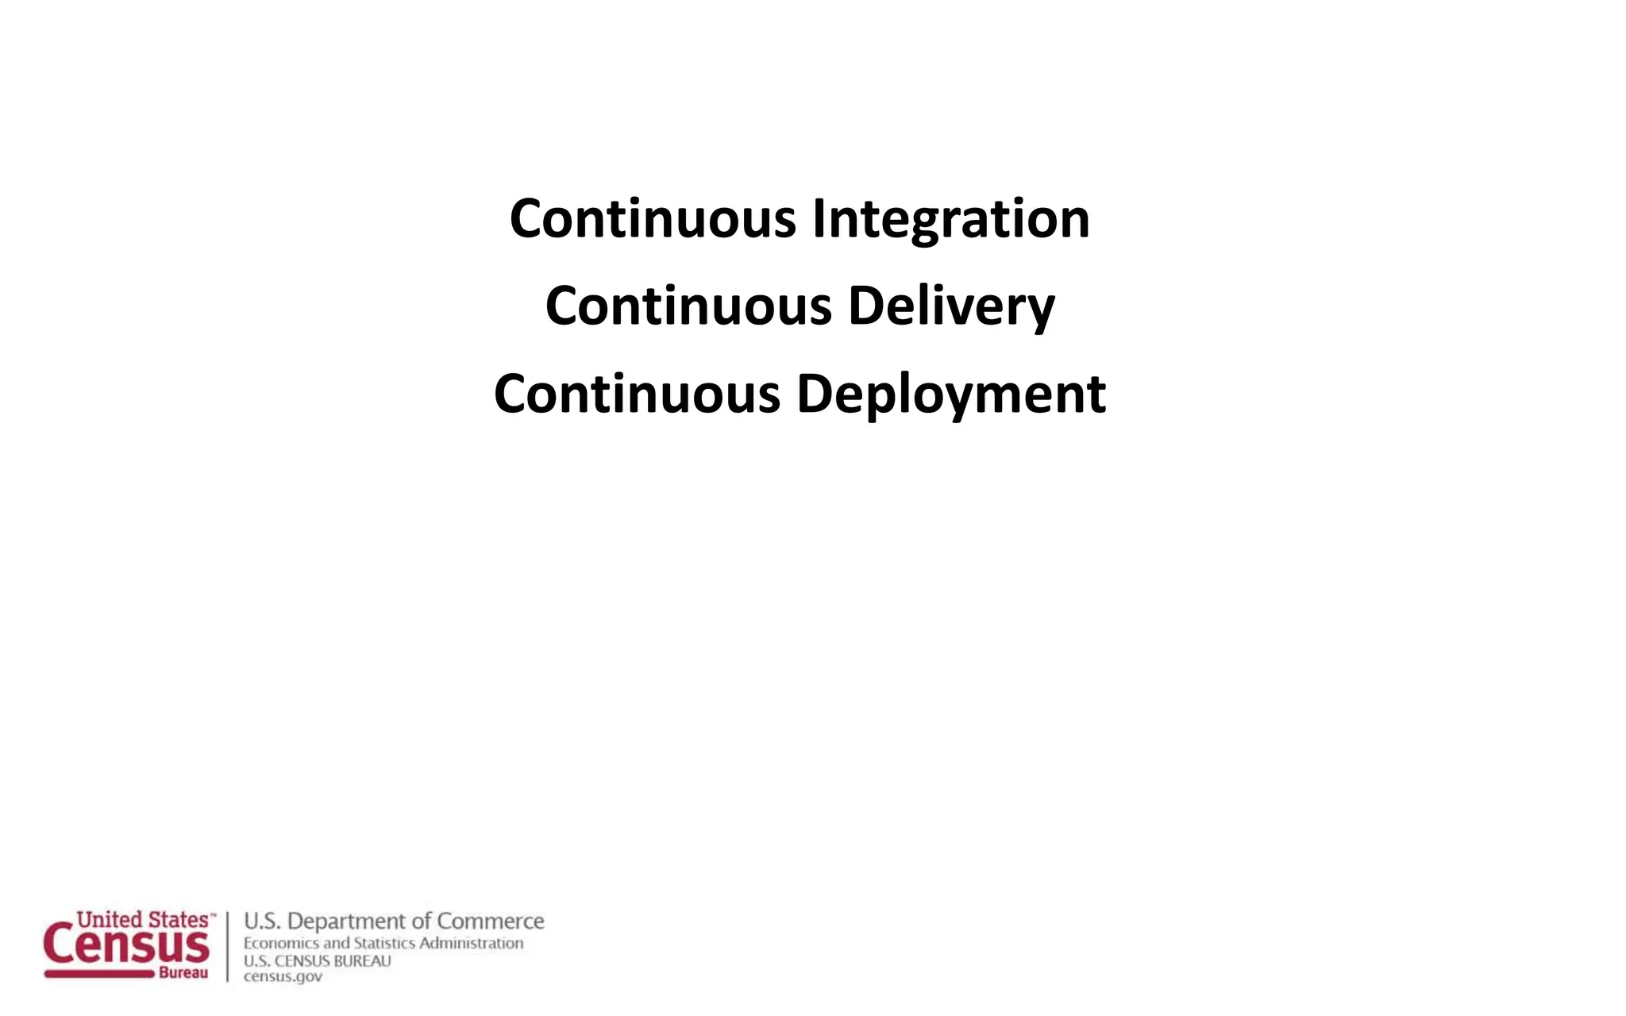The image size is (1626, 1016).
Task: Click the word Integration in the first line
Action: pyautogui.click(x=950, y=219)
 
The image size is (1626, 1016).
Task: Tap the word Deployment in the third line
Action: pyautogui.click(x=950, y=394)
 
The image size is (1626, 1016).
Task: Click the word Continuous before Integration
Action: pyautogui.click(x=653, y=219)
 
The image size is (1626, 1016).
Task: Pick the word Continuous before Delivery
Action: pyautogui.click(x=688, y=306)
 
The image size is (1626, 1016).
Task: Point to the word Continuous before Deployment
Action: pyautogui.click(x=637, y=394)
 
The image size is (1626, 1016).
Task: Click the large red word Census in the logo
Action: pyautogui.click(x=127, y=945)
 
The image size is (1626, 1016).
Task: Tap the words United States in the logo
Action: pyautogui.click(x=142, y=920)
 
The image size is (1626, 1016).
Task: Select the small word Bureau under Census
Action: pyautogui.click(x=183, y=973)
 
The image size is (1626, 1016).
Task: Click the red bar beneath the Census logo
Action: pyautogui.click(x=99, y=974)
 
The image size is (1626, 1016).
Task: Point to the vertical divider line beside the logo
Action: pyautogui.click(x=228, y=946)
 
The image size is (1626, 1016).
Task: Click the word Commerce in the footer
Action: pyautogui.click(x=490, y=922)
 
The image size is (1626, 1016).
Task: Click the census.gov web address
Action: pyautogui.click(x=283, y=977)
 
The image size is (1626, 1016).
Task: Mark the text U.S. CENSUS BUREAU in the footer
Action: pyautogui.click(x=318, y=961)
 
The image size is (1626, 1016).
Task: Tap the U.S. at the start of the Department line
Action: pyautogui.click(x=262, y=922)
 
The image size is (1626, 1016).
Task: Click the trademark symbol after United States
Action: pyautogui.click(x=212, y=914)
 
